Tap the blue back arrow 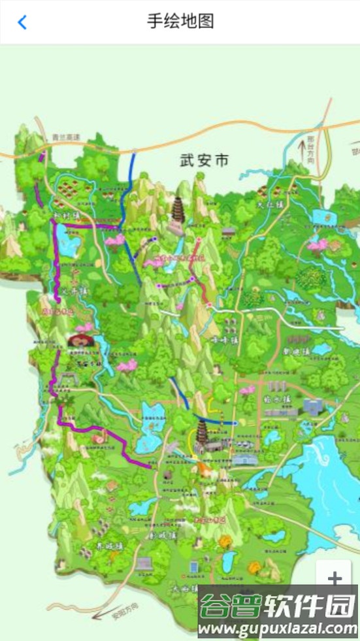coord(22,22)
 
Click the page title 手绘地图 coord(180,22)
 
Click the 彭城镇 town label coord(161,535)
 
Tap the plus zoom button coord(335,578)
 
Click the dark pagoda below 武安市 coord(178,212)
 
